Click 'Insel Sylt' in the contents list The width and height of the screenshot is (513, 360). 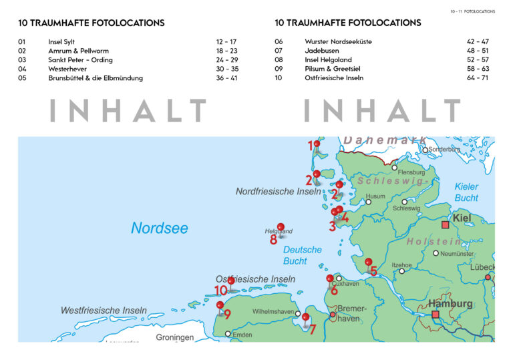point(63,41)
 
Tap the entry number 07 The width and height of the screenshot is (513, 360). point(279,51)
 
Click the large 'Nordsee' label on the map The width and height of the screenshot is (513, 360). point(159,228)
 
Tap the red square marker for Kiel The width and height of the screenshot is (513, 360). point(446,225)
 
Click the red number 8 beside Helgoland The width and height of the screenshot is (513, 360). point(274,239)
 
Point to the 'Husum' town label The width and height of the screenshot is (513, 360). point(375,196)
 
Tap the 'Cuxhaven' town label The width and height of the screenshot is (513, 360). point(345,284)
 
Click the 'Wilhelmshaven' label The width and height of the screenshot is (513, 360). point(273,312)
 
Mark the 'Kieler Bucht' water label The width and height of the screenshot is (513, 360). point(466,192)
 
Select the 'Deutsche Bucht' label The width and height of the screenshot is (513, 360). point(302,255)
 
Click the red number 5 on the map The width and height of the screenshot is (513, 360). point(373,271)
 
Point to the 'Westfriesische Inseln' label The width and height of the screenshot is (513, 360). point(104,311)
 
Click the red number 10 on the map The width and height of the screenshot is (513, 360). point(220,291)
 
